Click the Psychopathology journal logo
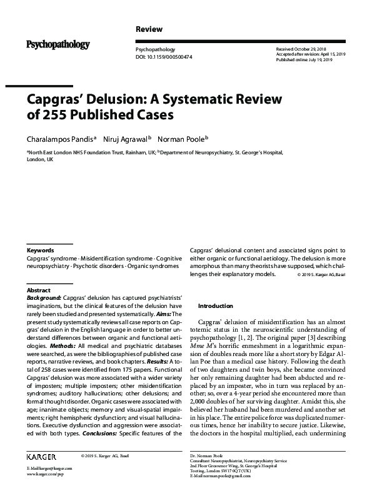[x=58, y=44]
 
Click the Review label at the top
[x=149, y=29]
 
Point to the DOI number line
[x=164, y=57]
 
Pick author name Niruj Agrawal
[x=126, y=139]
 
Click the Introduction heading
[x=215, y=306]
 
